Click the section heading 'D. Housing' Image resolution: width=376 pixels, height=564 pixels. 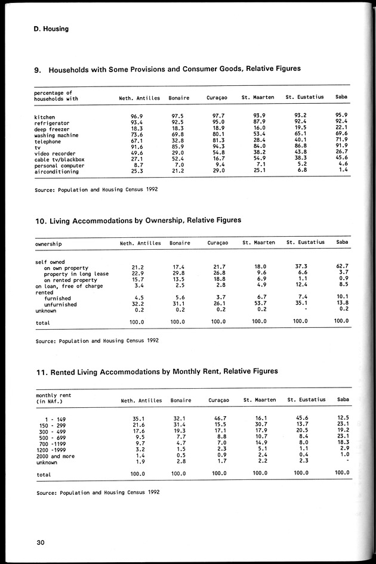point(51,28)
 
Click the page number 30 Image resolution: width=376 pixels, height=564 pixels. point(41,541)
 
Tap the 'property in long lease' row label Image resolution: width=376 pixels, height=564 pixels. point(76,274)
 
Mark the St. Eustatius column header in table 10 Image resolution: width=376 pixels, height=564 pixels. point(305,243)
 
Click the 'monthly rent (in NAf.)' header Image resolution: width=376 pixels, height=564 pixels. point(55,398)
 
